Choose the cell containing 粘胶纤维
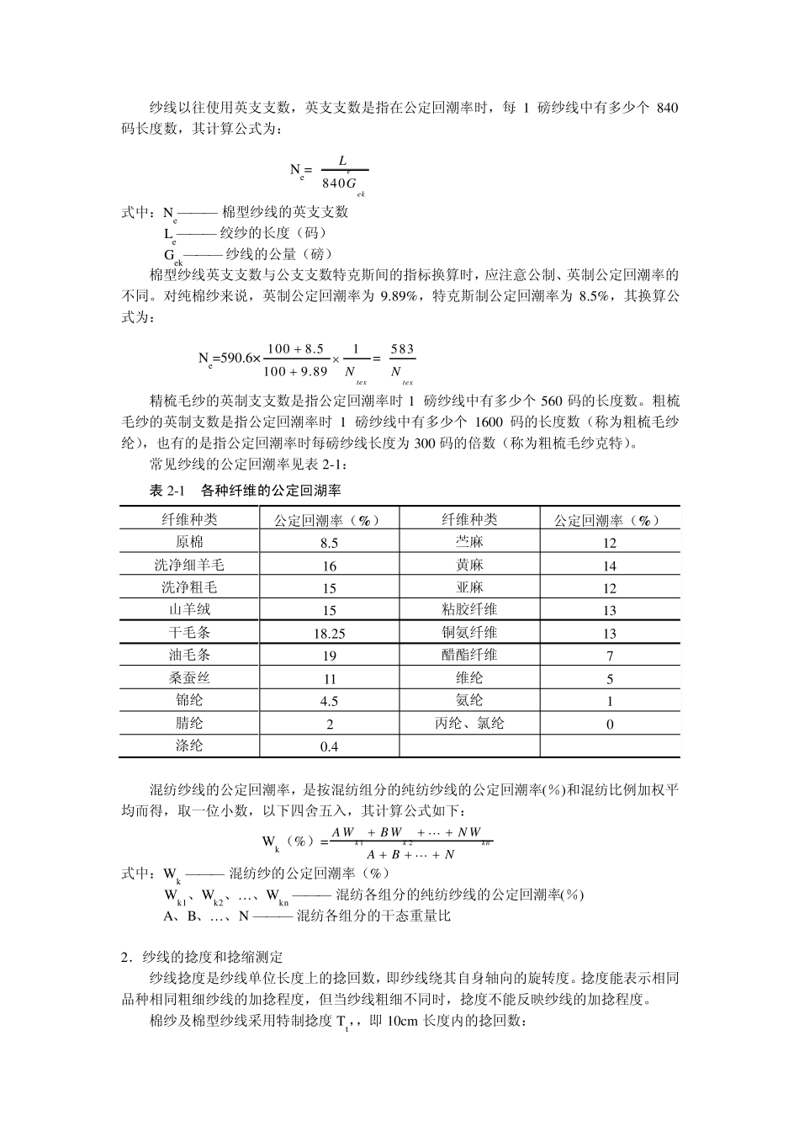[x=469, y=610]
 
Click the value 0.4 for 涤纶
[x=329, y=746]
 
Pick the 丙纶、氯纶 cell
[x=469, y=723]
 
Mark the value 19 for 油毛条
[x=329, y=656]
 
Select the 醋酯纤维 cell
[x=469, y=655]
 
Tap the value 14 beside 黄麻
[x=610, y=566]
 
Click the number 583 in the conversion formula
[x=403, y=349]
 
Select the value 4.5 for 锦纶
[x=329, y=701]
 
